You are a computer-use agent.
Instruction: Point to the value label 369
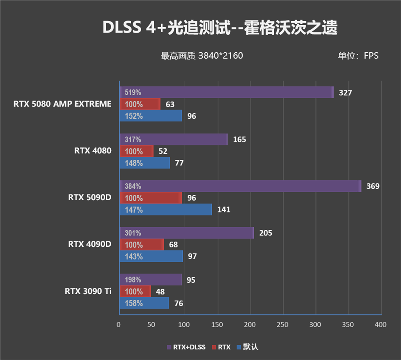tap(373, 186)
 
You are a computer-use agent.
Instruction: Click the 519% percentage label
tap(133, 93)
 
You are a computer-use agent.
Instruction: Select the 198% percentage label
tap(133, 280)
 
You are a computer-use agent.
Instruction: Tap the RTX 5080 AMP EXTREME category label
tap(62, 104)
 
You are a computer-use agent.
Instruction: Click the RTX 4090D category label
tap(89, 244)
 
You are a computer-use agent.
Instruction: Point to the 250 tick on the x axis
tap(283, 325)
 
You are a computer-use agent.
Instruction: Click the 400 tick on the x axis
tap(380, 325)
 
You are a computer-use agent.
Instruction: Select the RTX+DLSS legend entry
tap(185, 346)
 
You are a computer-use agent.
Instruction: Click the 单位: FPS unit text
tap(358, 56)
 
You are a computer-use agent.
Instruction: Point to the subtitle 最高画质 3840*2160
tap(202, 56)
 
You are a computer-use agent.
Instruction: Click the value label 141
tap(224, 210)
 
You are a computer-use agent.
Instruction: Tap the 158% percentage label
tap(133, 303)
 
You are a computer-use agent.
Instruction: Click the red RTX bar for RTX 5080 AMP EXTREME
tap(140, 104)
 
